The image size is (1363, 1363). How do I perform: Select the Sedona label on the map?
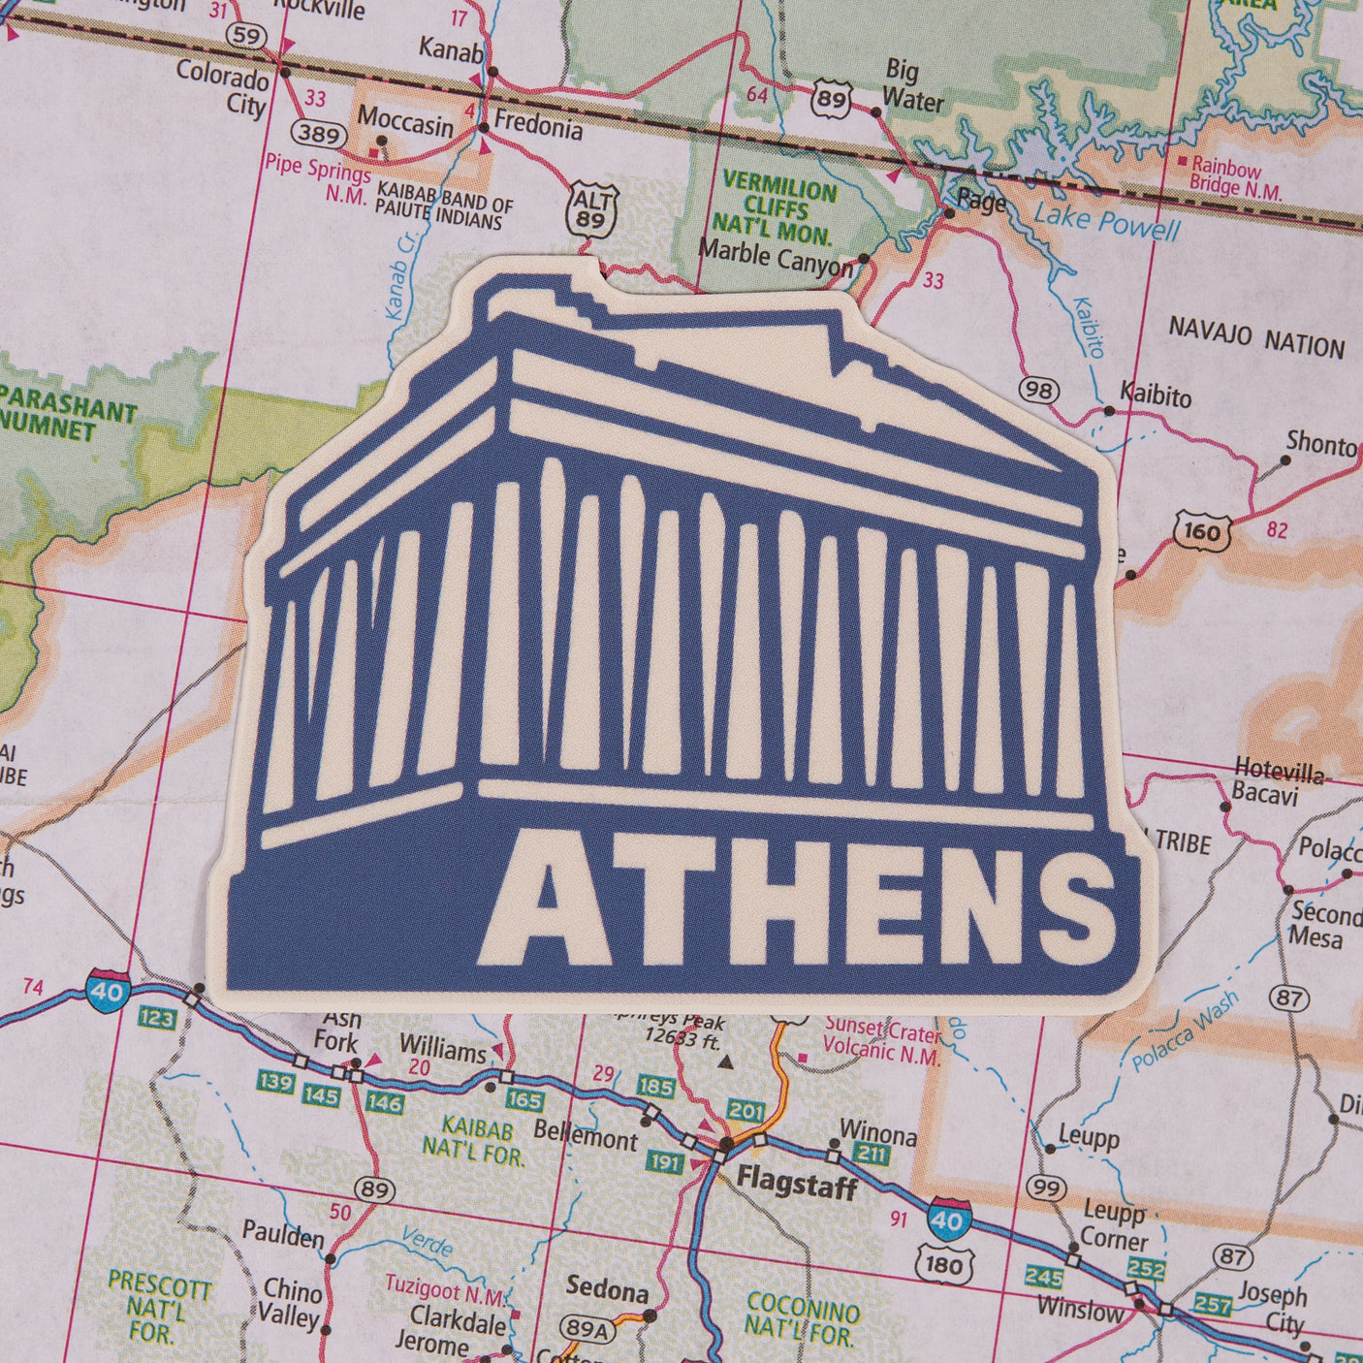click(x=607, y=1290)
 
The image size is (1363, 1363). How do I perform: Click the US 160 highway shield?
click(x=1201, y=531)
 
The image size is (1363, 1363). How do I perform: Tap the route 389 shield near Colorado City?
click(x=318, y=134)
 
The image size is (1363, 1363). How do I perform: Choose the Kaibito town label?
click(x=1156, y=395)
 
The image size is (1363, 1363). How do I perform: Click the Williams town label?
click(x=443, y=1050)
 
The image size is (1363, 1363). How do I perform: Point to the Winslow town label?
click(x=1080, y=1309)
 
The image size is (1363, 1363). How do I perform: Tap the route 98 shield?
click(x=1039, y=390)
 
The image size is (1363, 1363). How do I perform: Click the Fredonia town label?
click(x=538, y=126)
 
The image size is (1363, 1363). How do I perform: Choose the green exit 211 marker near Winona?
click(x=872, y=1154)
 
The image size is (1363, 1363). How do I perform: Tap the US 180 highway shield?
click(x=942, y=1262)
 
